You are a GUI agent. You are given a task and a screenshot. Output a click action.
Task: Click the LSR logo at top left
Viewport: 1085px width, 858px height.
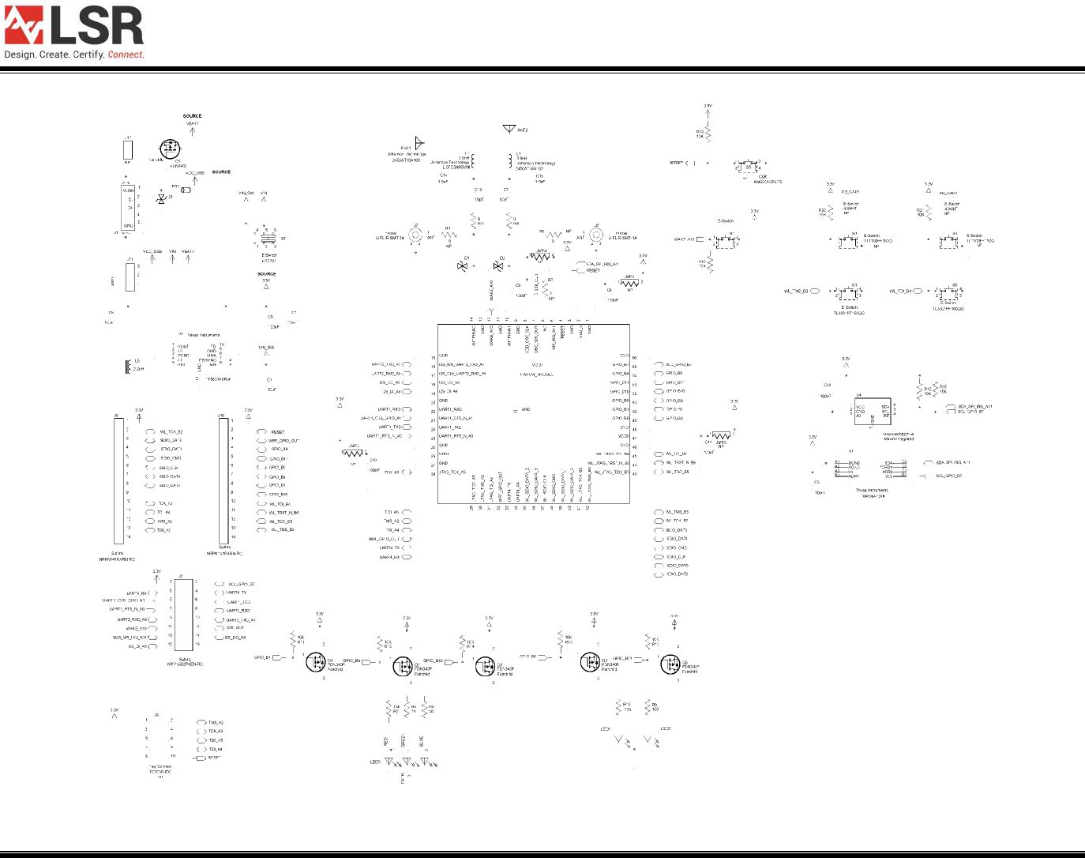(74, 26)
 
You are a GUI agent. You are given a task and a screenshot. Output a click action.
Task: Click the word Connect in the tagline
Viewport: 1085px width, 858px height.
(126, 55)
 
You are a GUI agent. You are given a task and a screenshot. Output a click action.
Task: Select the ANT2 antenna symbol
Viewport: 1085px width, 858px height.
(509, 129)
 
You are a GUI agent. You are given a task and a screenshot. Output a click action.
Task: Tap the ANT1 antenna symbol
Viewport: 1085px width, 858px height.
(419, 144)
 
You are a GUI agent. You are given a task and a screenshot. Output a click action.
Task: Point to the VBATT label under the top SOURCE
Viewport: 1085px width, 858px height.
(192, 124)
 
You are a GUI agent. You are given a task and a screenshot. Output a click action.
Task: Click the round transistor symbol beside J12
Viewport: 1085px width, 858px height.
(169, 149)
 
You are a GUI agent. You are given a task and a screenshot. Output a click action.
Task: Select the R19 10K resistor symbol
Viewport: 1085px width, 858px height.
(708, 135)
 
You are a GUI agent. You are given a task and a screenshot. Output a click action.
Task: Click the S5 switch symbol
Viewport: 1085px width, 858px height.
(747, 167)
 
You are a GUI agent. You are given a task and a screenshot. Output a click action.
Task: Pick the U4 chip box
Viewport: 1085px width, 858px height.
(872, 408)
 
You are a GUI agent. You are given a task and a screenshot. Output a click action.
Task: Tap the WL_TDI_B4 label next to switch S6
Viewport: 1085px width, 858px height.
(900, 292)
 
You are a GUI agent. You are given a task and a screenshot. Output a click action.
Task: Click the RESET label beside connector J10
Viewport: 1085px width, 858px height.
(278, 432)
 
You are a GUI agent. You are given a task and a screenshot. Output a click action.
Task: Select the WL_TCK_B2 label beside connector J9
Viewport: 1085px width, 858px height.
(171, 432)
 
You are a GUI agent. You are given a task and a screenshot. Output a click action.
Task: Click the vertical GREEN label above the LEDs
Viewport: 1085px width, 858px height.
(404, 740)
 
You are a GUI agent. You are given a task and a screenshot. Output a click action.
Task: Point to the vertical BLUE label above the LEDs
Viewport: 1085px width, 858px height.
(422, 742)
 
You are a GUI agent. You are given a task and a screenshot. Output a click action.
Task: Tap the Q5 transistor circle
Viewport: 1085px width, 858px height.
(670, 664)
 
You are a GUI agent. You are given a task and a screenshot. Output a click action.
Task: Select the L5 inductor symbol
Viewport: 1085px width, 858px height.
(129, 367)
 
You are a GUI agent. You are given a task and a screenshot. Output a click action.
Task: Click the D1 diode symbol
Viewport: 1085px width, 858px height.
(463, 265)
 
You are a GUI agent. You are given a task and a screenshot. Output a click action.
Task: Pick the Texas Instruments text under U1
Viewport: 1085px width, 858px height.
(872, 491)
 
